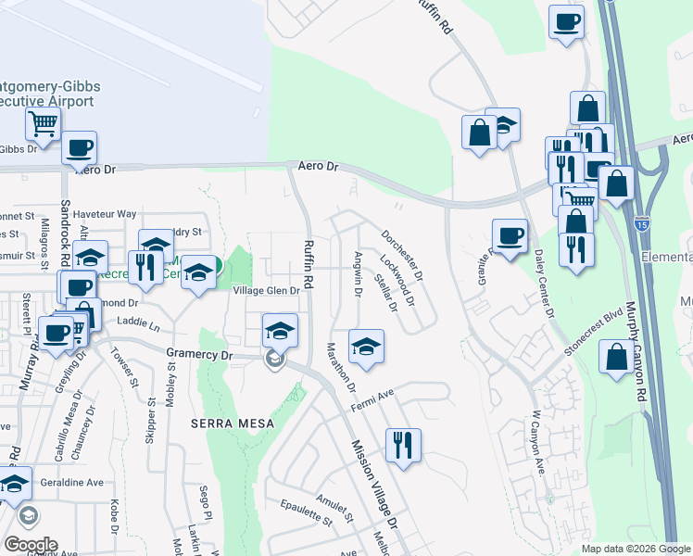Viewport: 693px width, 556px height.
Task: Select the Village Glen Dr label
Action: click(266, 290)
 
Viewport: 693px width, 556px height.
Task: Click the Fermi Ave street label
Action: click(372, 401)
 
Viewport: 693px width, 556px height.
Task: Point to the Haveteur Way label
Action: click(105, 214)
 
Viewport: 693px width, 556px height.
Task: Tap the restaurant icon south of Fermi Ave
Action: click(403, 445)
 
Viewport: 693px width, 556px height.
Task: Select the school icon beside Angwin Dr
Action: click(366, 346)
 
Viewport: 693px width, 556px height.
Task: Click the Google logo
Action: click(31, 545)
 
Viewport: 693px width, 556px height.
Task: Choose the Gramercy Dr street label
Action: click(196, 354)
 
